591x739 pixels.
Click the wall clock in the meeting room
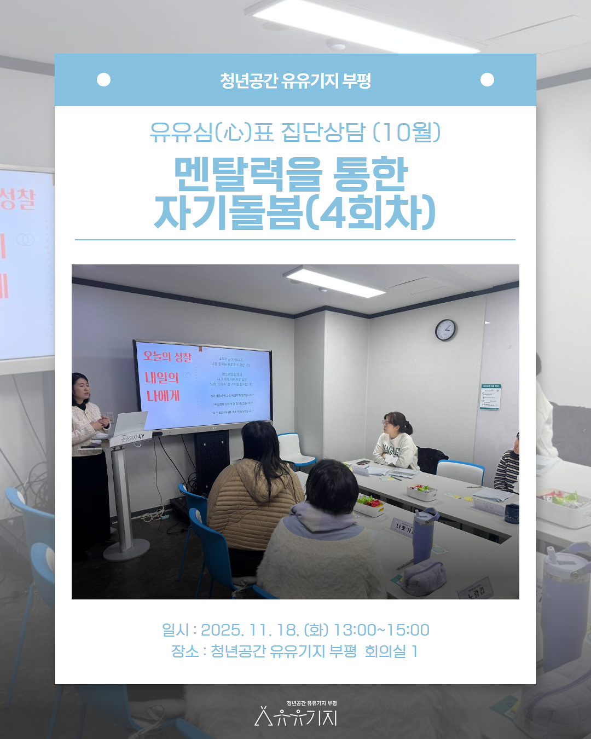(445, 330)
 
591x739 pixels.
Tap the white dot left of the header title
(103, 80)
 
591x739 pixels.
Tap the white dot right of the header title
(487, 80)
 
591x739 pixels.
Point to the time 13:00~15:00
(381, 630)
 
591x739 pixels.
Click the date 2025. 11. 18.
(250, 630)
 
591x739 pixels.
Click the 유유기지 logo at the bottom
(296, 715)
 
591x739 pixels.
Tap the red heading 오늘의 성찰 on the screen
(167, 356)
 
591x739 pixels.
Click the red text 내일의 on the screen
(162, 378)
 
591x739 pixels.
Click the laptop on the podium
(129, 423)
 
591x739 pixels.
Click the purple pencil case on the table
(424, 578)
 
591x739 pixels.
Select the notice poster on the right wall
(490, 397)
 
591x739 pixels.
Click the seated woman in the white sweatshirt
(395, 441)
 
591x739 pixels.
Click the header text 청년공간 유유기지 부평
(296, 80)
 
